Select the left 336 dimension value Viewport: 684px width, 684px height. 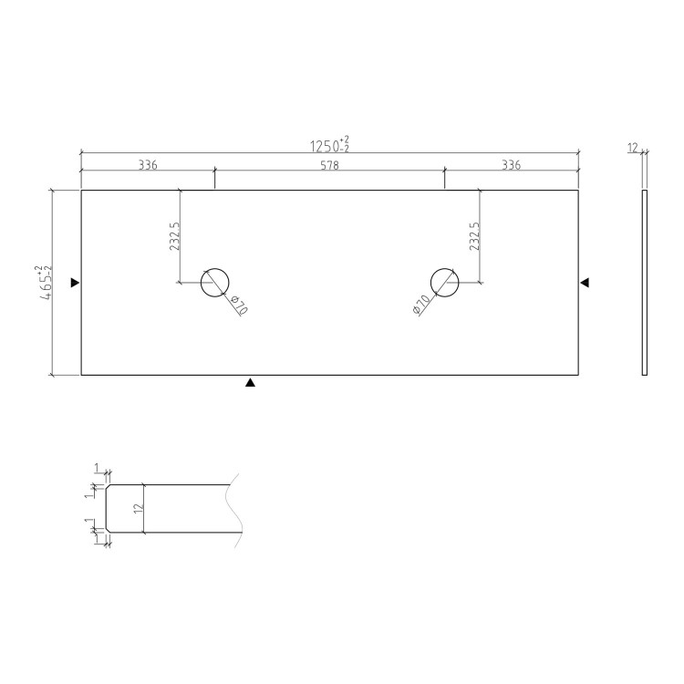click(148, 165)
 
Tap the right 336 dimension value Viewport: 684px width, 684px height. click(511, 165)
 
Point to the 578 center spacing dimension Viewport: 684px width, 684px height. click(329, 165)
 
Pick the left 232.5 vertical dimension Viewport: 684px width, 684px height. click(173, 236)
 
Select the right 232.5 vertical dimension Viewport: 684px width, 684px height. click(473, 236)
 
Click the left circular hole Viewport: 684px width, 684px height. click(215, 283)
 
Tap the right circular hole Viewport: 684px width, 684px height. click(444, 283)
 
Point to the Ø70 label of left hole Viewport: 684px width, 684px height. click(239, 306)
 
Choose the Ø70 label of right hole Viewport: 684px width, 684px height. click(420, 306)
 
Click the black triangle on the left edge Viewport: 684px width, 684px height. click(76, 283)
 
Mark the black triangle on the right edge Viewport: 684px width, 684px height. click(586, 283)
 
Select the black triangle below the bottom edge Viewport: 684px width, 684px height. click(250, 383)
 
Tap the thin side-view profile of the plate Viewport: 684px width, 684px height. click(644, 283)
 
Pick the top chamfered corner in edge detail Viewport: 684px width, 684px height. click(109, 487)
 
